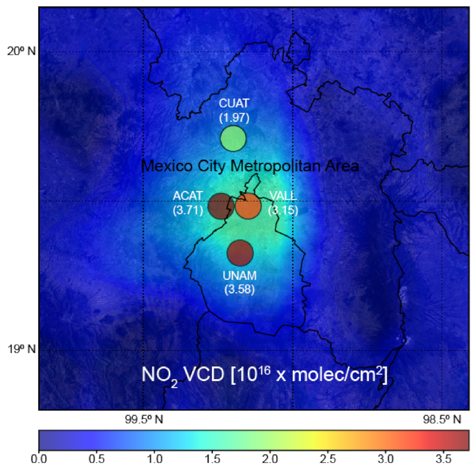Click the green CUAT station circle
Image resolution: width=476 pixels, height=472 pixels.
tap(233, 139)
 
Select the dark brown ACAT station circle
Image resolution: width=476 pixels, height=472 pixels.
tap(221, 206)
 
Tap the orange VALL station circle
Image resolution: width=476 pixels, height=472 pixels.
tap(248, 206)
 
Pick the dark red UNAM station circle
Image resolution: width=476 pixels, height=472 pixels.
tap(240, 253)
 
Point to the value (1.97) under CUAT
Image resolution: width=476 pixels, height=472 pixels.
tap(234, 118)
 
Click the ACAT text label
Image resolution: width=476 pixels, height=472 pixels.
tap(188, 196)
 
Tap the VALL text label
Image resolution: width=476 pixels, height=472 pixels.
tap(283, 196)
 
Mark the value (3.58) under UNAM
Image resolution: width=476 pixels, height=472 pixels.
tap(240, 289)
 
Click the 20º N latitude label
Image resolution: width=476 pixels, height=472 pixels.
tap(21, 51)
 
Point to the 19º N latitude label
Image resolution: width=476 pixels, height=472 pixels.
tap(21, 349)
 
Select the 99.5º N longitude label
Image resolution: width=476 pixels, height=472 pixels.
tap(144, 419)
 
